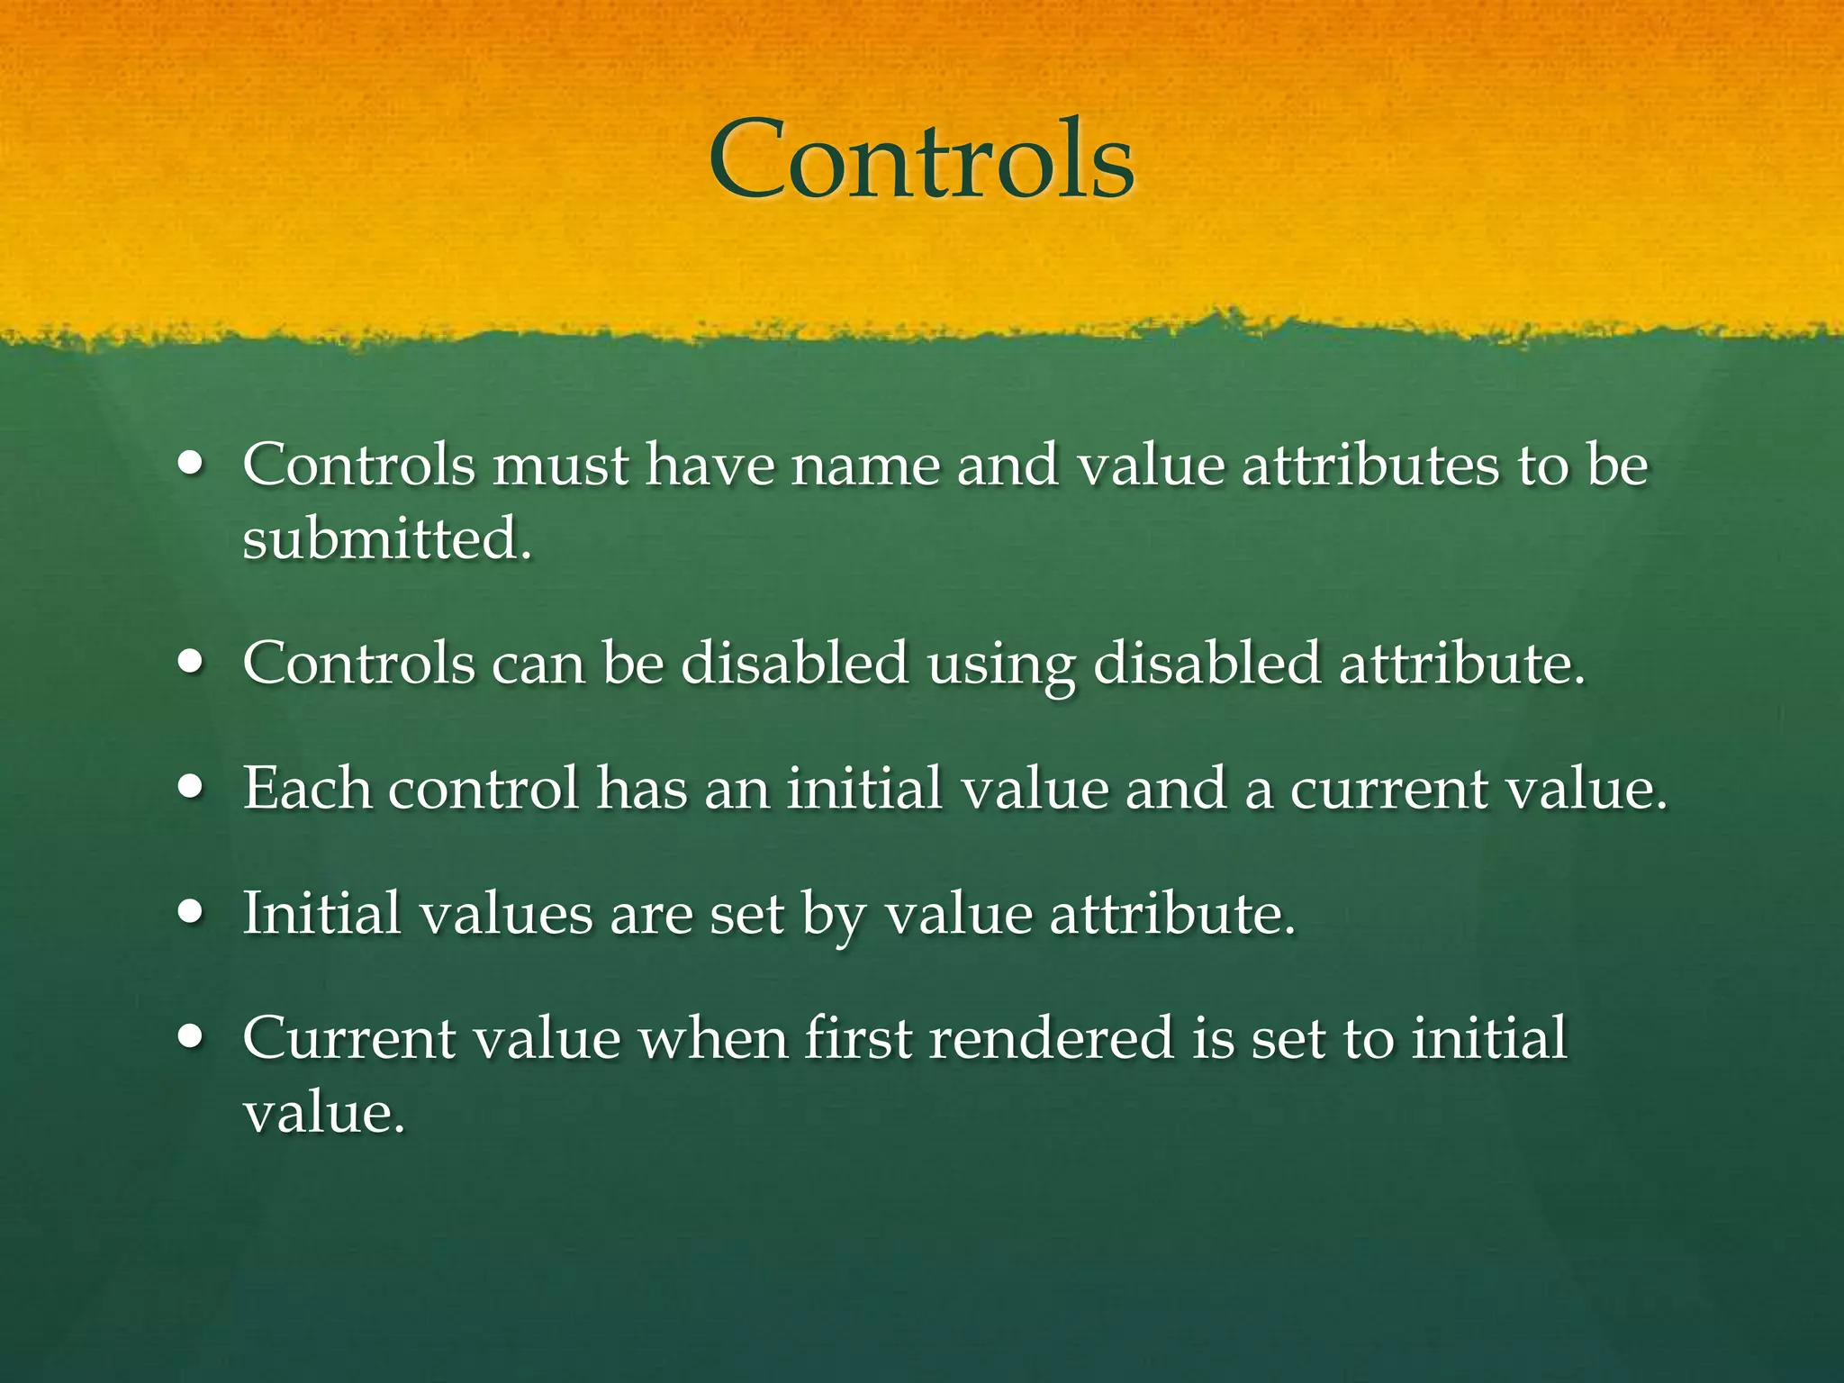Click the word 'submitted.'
387,539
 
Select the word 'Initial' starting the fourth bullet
321,914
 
